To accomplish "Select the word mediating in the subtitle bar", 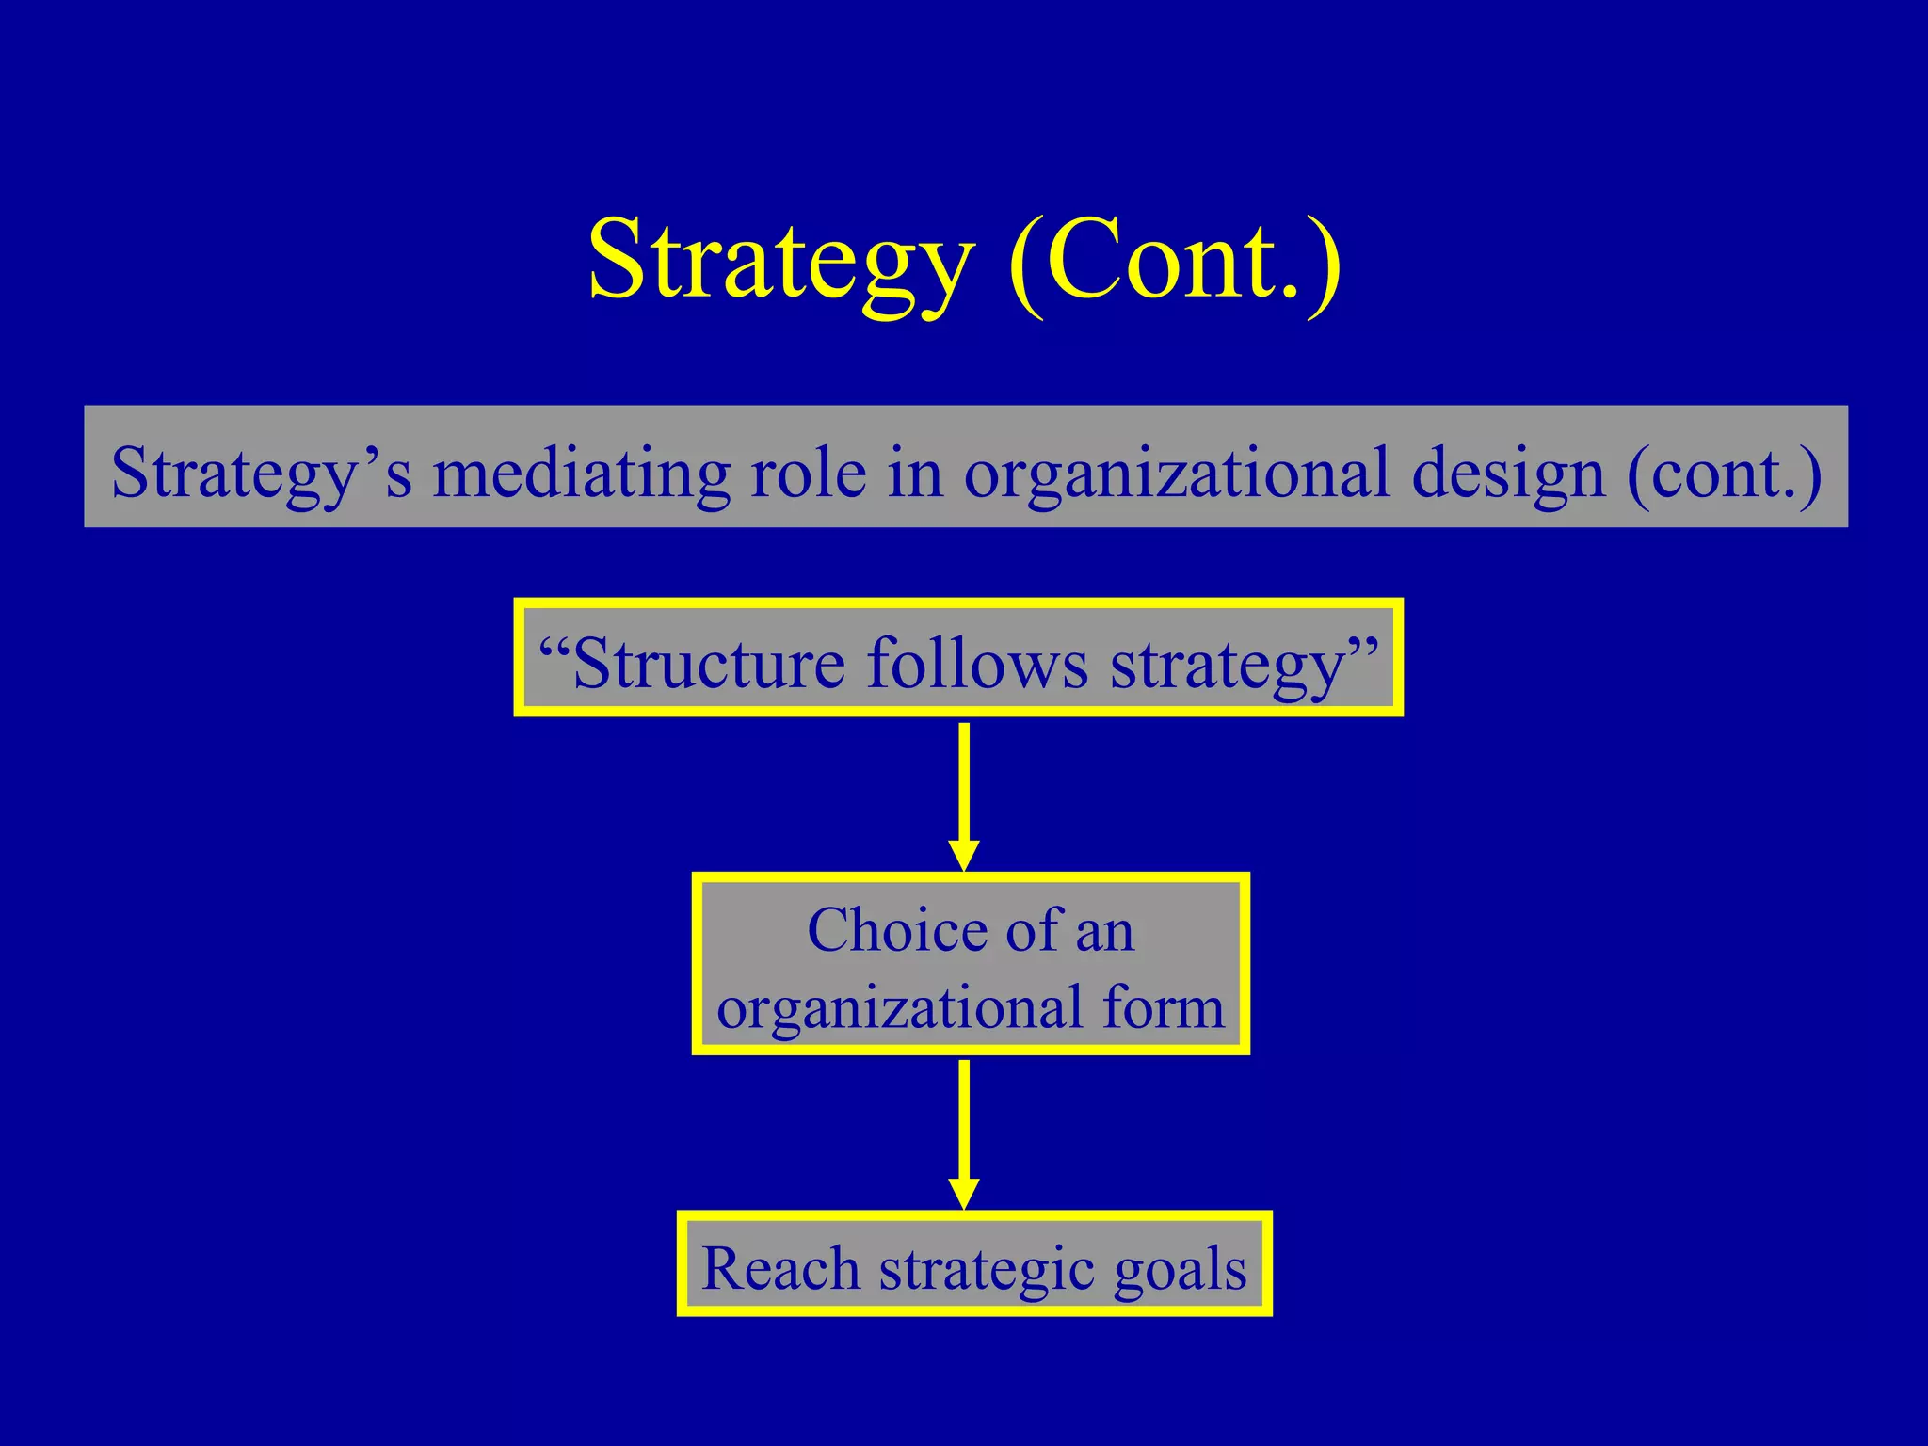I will (581, 472).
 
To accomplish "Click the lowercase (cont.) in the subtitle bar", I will (1723, 472).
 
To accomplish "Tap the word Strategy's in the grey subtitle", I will (261, 472).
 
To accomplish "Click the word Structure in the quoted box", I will (709, 663).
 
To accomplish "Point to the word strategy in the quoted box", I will (1229, 665).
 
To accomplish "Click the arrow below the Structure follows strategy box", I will (963, 795).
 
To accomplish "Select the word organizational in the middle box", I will (899, 1008).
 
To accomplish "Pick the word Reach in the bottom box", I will (780, 1268).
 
